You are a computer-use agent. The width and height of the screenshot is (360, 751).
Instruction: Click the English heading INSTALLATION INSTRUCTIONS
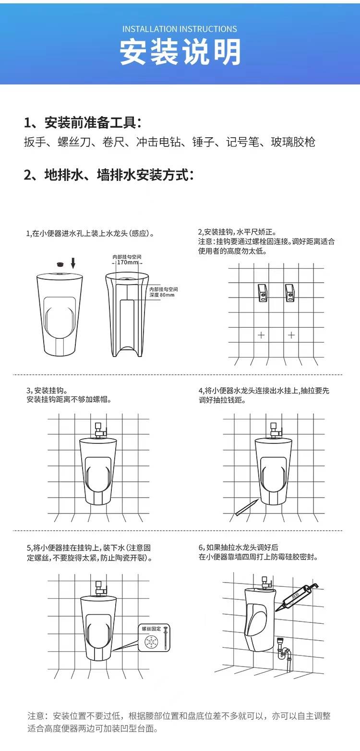(x=180, y=29)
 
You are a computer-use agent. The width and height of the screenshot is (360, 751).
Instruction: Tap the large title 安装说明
(x=180, y=52)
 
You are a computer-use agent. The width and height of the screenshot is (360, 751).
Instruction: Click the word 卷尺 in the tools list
(x=113, y=142)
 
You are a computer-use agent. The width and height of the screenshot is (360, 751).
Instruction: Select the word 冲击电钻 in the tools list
(x=158, y=142)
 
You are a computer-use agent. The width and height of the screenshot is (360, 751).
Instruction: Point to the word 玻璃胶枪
(x=293, y=142)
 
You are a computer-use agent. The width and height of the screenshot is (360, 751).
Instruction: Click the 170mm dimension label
(x=127, y=262)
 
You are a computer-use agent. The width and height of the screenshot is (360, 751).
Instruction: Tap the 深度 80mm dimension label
(x=162, y=295)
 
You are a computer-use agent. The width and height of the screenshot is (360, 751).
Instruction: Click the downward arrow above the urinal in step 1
(x=73, y=263)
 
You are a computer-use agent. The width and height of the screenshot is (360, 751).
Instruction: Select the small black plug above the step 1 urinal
(x=61, y=264)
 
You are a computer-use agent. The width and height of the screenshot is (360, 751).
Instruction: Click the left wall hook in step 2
(x=263, y=293)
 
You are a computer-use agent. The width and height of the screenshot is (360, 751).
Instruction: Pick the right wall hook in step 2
(x=289, y=293)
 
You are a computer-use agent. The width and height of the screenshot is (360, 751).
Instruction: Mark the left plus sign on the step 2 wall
(x=261, y=335)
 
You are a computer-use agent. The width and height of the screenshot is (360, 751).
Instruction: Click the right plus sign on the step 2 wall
(x=291, y=335)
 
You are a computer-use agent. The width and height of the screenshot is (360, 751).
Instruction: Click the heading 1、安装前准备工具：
(x=83, y=123)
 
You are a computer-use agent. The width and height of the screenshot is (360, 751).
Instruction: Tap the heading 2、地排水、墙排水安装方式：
(x=108, y=175)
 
